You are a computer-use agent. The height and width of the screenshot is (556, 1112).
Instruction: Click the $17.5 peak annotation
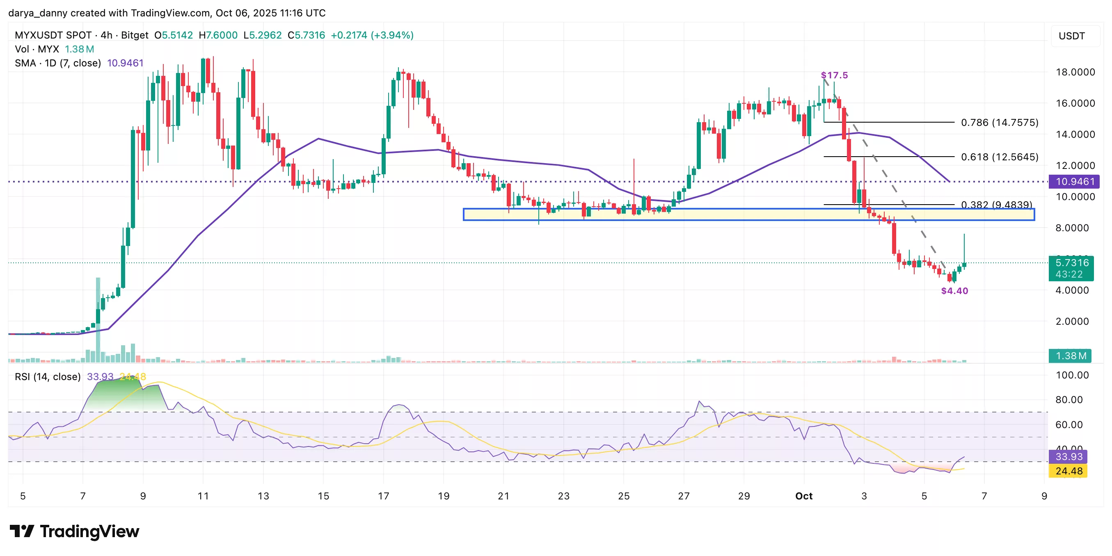834,75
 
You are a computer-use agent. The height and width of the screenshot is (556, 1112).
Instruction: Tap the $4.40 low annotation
954,291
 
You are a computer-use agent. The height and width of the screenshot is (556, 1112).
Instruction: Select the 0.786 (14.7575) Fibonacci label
999,123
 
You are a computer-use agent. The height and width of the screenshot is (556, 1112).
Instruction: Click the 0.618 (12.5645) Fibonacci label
999,157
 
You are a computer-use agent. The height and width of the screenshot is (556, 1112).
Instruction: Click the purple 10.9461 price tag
1074,182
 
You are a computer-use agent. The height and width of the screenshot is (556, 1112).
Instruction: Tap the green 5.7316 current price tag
1071,263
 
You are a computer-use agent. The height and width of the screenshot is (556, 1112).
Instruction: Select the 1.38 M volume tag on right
1070,356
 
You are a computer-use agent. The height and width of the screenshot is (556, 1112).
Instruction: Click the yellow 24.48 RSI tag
1069,471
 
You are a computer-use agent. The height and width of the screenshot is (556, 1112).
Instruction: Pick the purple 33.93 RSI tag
1069,457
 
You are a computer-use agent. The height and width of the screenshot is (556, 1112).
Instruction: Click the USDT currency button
1071,36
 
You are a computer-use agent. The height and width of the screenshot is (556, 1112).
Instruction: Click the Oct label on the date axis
804,496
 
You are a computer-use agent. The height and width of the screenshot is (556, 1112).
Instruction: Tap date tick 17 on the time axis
383,496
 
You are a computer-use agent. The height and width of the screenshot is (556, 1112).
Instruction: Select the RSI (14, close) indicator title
48,377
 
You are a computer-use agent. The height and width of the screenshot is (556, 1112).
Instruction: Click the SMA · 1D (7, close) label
58,64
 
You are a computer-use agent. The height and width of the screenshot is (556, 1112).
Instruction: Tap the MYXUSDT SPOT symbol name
53,35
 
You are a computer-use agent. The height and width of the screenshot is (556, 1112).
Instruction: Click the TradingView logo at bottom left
74,531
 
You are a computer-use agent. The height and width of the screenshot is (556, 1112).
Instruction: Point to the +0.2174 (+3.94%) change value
372,35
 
